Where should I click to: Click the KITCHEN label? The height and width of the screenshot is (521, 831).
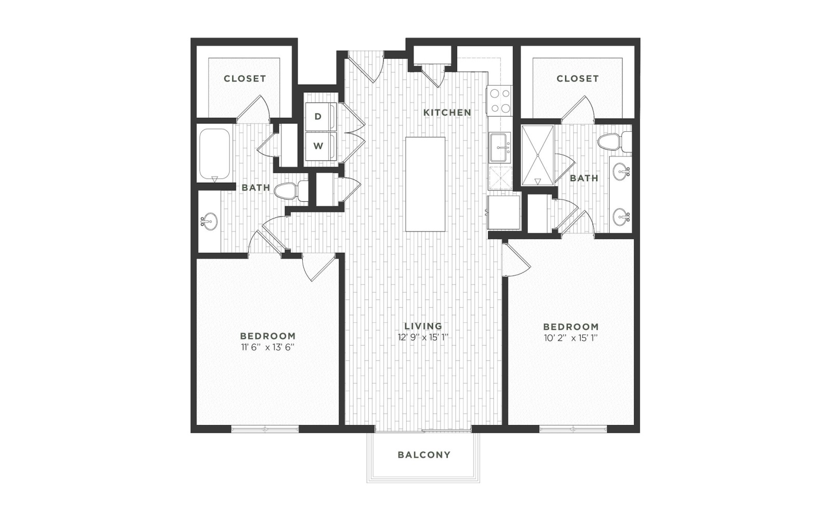pyautogui.click(x=447, y=112)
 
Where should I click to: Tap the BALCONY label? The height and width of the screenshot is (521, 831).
pyautogui.click(x=424, y=455)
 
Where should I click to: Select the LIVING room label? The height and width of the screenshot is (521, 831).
pyautogui.click(x=423, y=326)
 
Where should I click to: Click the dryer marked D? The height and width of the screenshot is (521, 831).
pyautogui.click(x=320, y=117)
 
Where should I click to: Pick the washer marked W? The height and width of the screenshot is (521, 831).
pyautogui.click(x=320, y=146)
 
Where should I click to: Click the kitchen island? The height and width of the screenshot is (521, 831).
pyautogui.click(x=425, y=184)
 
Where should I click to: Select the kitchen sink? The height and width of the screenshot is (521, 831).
pyautogui.click(x=500, y=147)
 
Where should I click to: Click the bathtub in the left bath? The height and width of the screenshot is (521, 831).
pyautogui.click(x=215, y=155)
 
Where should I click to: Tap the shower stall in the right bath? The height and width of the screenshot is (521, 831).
pyautogui.click(x=538, y=155)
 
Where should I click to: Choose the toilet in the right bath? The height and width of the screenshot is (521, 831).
pyautogui.click(x=614, y=142)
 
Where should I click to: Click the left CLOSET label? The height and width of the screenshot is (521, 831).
pyautogui.click(x=245, y=78)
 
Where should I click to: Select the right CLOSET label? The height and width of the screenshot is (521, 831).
pyautogui.click(x=578, y=78)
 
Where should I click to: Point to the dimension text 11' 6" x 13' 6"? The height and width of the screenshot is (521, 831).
pyautogui.click(x=268, y=347)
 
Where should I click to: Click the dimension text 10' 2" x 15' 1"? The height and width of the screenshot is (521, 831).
pyautogui.click(x=571, y=338)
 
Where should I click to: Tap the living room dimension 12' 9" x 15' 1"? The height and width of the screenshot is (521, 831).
pyautogui.click(x=423, y=337)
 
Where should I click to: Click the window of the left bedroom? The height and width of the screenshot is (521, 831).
pyautogui.click(x=265, y=429)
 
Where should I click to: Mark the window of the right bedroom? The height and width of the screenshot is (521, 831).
pyautogui.click(x=573, y=429)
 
